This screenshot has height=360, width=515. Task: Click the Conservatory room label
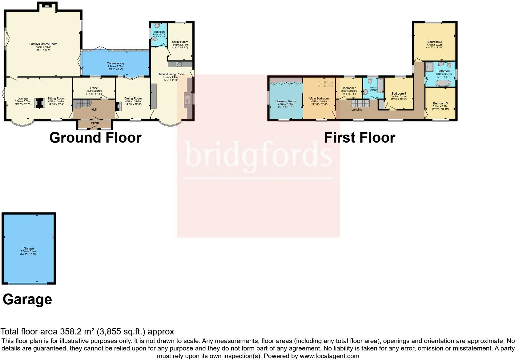pyautogui.click(x=115, y=63)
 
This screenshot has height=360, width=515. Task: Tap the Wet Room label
pyautogui.click(x=159, y=32)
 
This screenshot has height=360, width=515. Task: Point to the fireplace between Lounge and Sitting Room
pyautogui.click(x=39, y=103)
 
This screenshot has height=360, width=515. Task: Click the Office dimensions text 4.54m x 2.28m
pyautogui.click(x=94, y=91)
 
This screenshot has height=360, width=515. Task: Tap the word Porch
pyautogui.click(x=95, y=123)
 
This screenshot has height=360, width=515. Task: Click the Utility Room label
pyautogui.click(x=180, y=42)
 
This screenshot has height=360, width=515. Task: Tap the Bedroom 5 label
pyautogui.click(x=349, y=88)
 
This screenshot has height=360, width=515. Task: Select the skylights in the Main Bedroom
pyautogui.click(x=325, y=83)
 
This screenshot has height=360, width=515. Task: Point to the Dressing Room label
pyautogui.click(x=286, y=101)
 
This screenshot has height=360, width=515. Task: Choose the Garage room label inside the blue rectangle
pyautogui.click(x=29, y=248)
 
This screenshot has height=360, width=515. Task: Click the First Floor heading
pyautogui.click(x=360, y=138)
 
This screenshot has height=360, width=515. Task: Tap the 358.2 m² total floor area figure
pyautogui.click(x=77, y=332)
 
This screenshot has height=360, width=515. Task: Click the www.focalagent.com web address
pyautogui.click(x=329, y=356)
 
